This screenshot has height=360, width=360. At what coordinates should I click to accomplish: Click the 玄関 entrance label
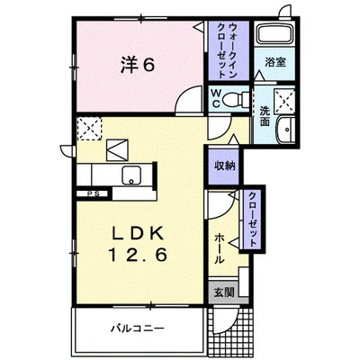221,292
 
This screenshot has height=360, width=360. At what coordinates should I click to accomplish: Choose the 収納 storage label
225,165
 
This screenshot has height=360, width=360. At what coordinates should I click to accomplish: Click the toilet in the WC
233,100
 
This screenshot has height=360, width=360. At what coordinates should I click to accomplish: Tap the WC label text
218,98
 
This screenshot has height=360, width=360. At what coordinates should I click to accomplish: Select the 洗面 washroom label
265,116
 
